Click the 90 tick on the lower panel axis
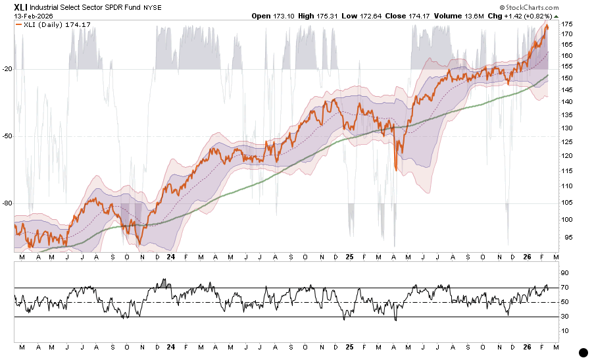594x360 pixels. pyautogui.click(x=564, y=272)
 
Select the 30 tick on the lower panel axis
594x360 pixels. pyautogui.click(x=564, y=317)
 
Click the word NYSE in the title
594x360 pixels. pyautogui.click(x=170, y=7)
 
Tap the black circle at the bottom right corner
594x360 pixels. pyautogui.click(x=583, y=353)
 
